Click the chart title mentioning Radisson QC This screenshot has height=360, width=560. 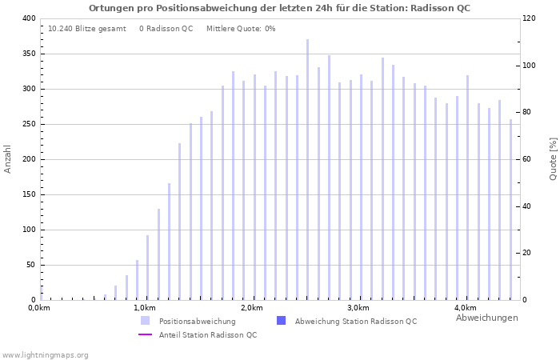click(x=279, y=8)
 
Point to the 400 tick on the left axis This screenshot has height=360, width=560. click(x=28, y=18)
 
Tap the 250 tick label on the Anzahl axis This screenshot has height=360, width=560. click(x=28, y=124)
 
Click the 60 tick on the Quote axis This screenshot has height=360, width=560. click(x=529, y=159)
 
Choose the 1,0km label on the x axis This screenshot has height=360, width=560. click(x=144, y=308)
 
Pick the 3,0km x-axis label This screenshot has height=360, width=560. click(x=358, y=308)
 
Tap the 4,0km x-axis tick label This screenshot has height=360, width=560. click(x=465, y=308)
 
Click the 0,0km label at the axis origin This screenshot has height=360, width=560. click(x=39, y=308)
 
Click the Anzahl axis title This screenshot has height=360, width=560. click(x=8, y=159)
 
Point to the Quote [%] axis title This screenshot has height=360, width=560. click(x=553, y=159)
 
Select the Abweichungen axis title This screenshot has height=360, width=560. click(x=486, y=318)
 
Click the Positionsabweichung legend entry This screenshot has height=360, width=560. click(x=197, y=322)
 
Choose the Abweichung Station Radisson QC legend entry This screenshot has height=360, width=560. click(x=355, y=322)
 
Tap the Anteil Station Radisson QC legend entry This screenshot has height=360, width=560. click(x=207, y=335)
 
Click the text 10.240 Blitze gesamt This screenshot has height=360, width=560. click(x=87, y=29)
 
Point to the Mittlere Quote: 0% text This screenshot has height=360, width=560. click(x=241, y=29)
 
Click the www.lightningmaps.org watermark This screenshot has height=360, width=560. click(x=46, y=354)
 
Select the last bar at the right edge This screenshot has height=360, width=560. click(x=510, y=210)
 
